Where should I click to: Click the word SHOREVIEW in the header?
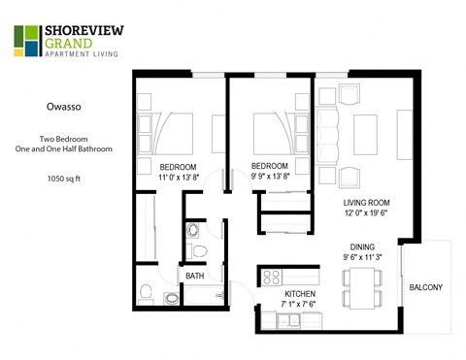[82, 30]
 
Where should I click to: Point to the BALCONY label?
[426, 286]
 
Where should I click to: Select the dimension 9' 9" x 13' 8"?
[271, 177]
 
